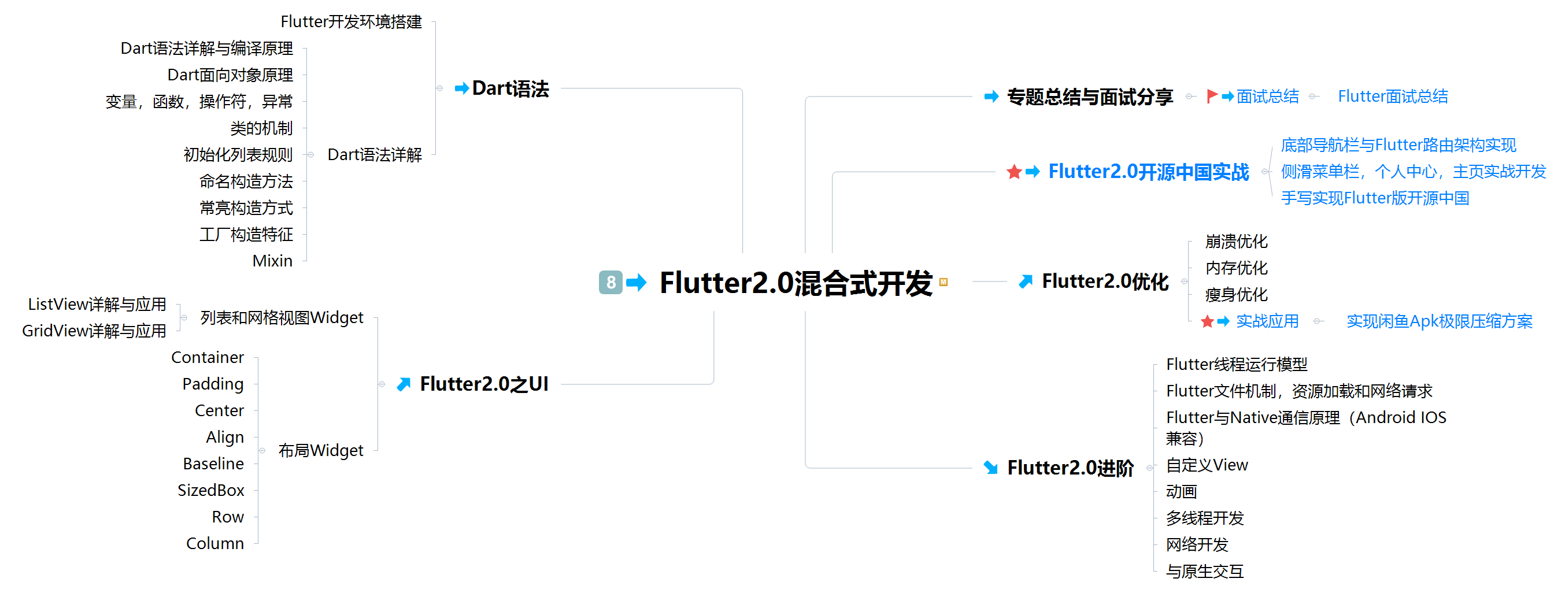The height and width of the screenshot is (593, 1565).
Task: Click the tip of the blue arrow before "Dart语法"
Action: pos(468,88)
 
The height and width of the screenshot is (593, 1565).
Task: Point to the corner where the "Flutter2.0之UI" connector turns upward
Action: pos(713,384)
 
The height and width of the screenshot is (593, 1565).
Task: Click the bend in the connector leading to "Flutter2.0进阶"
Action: pos(805,467)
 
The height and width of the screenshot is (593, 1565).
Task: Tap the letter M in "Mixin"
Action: pos(259,261)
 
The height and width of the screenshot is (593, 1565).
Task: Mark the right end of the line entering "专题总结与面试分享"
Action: pos(972,97)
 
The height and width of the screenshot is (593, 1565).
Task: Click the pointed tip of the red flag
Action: pos(1218,94)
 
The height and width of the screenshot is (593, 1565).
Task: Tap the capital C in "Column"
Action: pos(192,544)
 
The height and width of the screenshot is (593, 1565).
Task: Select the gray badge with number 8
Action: pos(610,283)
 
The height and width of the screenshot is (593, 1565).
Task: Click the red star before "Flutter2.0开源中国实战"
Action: pos(1013,172)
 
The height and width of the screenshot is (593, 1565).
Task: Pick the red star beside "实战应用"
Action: pos(1207,321)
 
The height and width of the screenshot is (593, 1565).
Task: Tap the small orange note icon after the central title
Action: pos(943,282)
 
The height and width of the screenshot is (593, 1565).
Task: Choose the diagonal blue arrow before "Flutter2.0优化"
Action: pos(1026,281)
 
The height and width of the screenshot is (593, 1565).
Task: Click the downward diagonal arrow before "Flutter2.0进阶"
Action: pos(991,467)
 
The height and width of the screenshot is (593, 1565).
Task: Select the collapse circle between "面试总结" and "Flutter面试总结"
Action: pos(1313,97)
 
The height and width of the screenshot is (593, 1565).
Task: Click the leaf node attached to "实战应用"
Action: pos(1439,321)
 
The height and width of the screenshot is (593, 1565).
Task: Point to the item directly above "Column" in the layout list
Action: pos(228,517)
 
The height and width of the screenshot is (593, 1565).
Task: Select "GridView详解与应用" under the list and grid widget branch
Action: pos(94,331)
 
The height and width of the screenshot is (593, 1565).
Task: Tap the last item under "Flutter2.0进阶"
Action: pos(1205,572)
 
